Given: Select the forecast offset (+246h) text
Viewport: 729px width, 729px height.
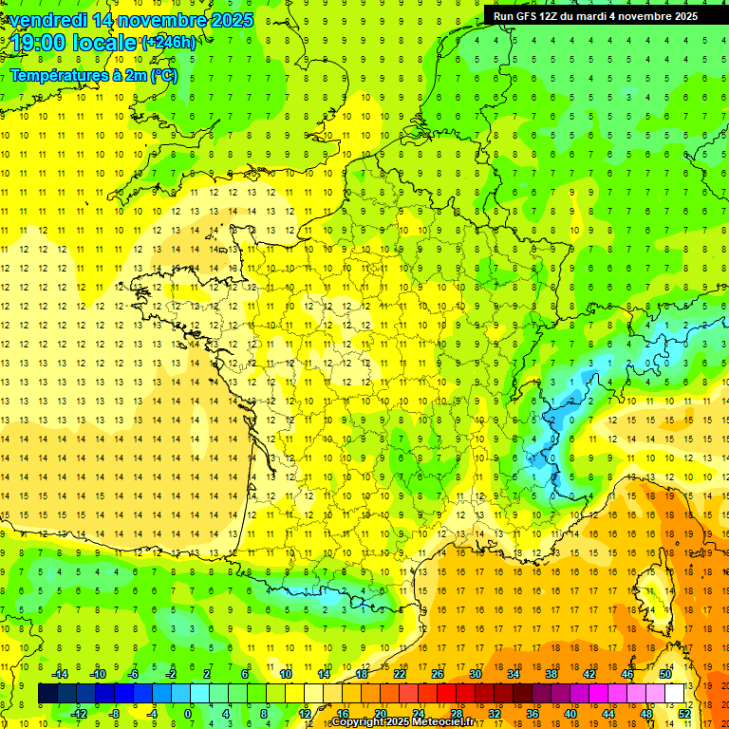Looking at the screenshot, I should [x=169, y=43].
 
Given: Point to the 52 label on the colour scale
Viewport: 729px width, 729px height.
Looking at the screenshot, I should [x=683, y=714].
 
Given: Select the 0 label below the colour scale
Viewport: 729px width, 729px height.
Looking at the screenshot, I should [x=187, y=714].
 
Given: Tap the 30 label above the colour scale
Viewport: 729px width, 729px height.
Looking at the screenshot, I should [x=475, y=673].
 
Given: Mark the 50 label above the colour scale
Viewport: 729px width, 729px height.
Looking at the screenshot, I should [x=664, y=673].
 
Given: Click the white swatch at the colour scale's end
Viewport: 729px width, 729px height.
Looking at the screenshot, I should [x=675, y=693].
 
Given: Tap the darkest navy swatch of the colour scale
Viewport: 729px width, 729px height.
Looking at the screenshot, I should [x=47, y=693].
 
